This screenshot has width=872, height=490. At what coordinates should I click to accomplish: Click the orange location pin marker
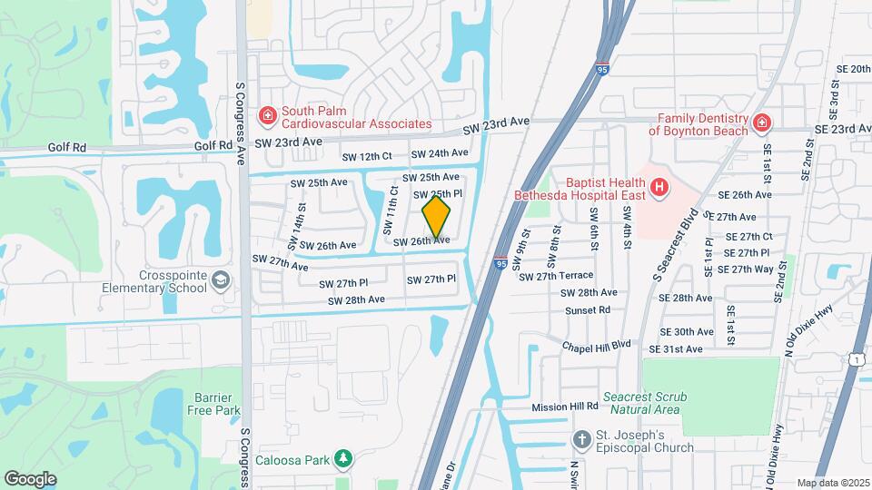tap(437, 218)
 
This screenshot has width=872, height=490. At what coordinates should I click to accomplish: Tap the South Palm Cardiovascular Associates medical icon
tap(267, 115)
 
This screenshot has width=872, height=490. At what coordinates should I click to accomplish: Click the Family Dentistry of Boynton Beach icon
tap(762, 122)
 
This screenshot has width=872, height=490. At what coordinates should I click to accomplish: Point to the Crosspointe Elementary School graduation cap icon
tap(219, 281)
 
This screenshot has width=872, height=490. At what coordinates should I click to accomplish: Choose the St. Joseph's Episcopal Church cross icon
tap(582, 439)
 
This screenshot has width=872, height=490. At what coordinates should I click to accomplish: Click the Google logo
tap(31, 478)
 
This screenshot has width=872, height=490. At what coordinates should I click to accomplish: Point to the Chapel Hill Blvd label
tap(596, 346)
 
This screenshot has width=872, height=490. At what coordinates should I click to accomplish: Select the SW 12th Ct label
tap(366, 157)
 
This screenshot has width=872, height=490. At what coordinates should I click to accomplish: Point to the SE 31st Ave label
tap(676, 349)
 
